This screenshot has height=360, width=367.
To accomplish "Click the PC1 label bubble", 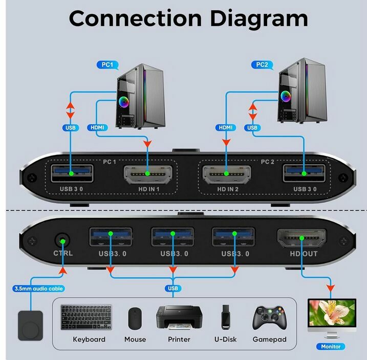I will (108, 65).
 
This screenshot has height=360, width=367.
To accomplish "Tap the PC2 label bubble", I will (262, 65).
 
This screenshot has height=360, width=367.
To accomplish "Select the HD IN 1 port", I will (147, 174).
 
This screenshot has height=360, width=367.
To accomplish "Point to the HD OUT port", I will (301, 238).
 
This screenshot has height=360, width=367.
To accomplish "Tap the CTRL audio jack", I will (62, 239).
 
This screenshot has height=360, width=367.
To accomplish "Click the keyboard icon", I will (89, 318).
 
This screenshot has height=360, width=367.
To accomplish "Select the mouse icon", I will (135, 318).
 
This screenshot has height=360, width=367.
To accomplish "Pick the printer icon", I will (179, 317).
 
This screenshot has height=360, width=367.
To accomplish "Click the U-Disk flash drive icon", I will (225, 317).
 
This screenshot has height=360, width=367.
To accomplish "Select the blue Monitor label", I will (331, 347).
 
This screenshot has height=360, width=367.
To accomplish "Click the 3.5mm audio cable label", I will (38, 289).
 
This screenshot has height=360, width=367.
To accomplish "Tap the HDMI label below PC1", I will (97, 127).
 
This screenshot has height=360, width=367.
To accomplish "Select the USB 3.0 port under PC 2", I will (304, 174).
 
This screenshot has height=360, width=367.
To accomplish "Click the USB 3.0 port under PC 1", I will (71, 174).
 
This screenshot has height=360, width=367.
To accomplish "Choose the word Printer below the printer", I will (179, 340).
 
